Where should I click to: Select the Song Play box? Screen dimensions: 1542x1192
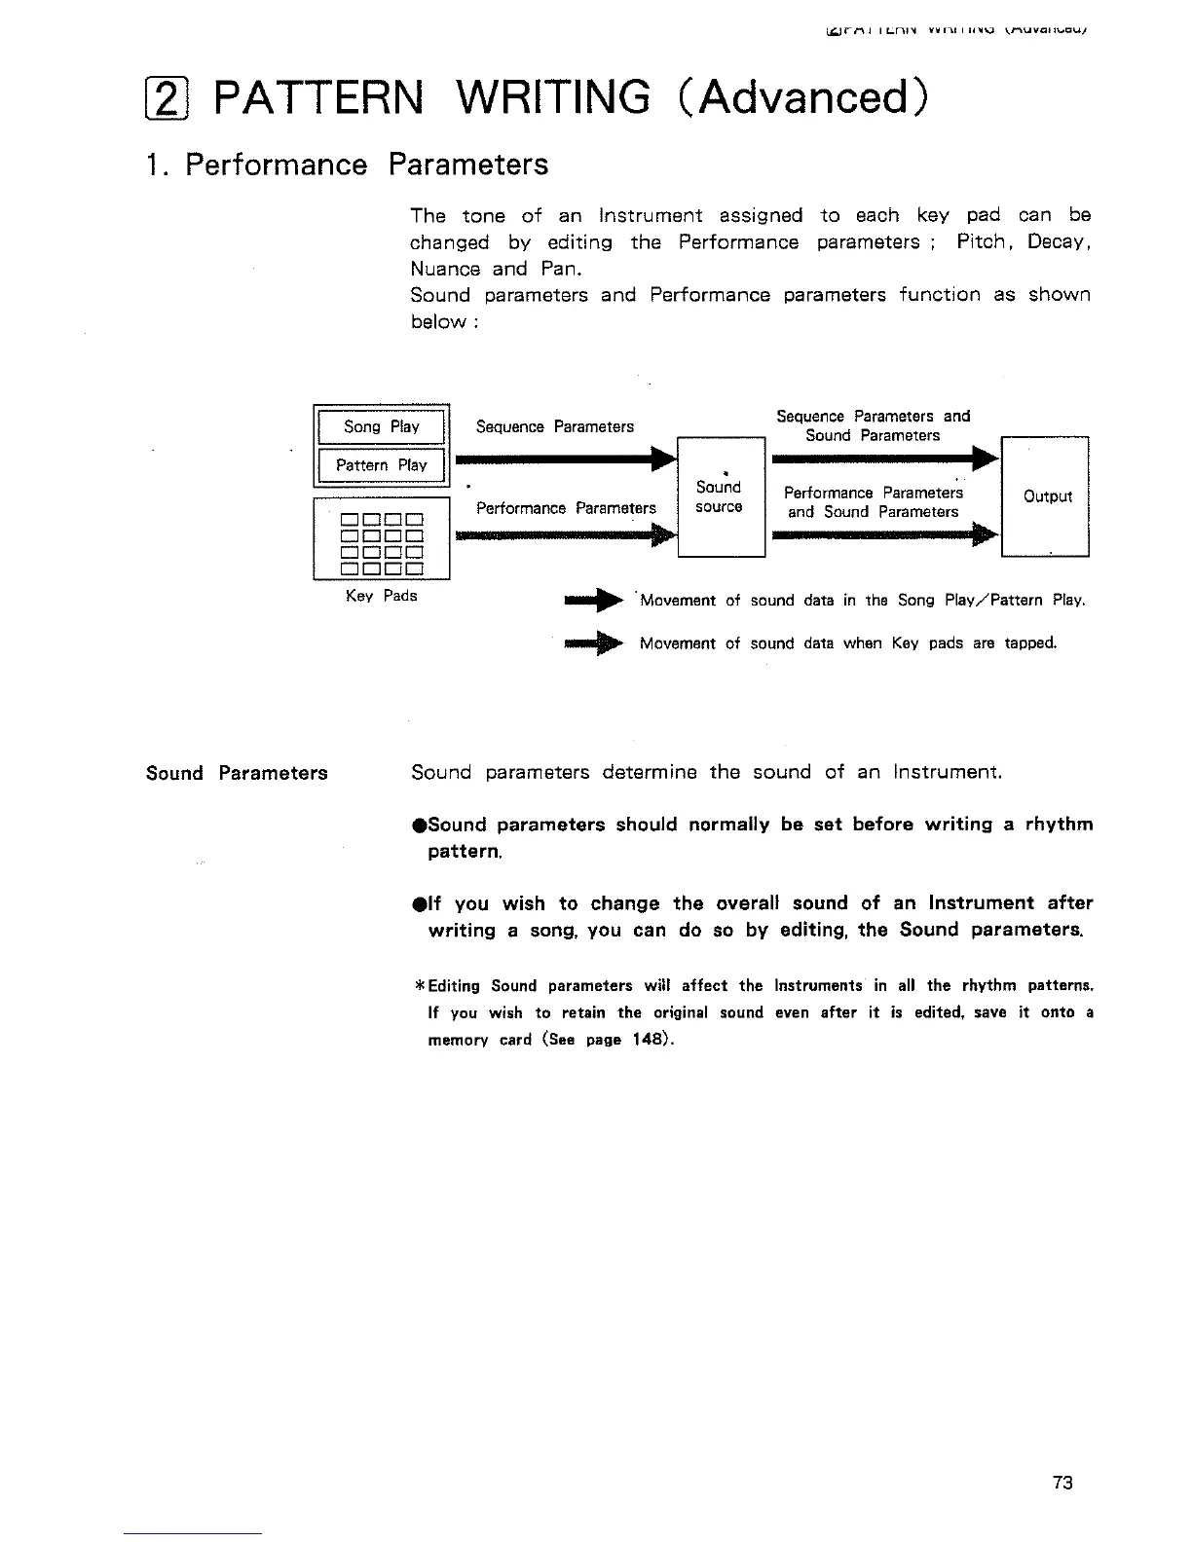tap(381, 426)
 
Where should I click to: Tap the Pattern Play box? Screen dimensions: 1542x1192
tap(381, 465)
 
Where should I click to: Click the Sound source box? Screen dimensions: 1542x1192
tap(721, 496)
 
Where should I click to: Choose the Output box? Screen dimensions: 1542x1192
tap(1045, 496)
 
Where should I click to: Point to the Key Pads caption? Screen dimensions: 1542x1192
tap(381, 596)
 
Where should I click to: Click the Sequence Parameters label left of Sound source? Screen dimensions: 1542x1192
tap(554, 426)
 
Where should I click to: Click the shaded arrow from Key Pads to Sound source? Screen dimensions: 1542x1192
tap(565, 534)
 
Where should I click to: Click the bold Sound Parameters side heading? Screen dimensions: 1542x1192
tap(237, 774)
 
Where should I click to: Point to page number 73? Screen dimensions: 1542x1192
tap(1062, 1483)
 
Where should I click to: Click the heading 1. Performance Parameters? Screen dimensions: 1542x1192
tap(347, 165)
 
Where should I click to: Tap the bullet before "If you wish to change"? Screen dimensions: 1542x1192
tap(417, 903)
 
